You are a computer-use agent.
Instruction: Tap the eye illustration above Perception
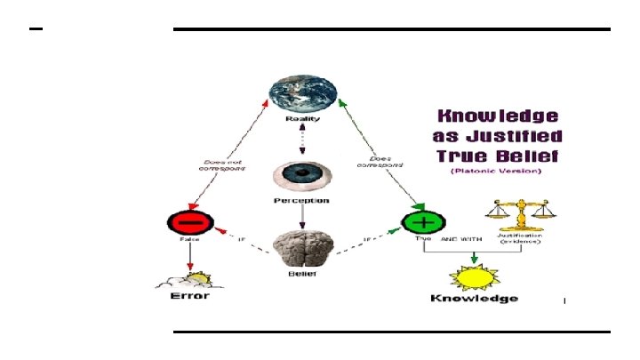(x=302, y=174)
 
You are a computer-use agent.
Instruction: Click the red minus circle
(x=187, y=221)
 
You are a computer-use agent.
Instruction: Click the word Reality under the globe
(x=303, y=117)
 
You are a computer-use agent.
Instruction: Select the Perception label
(x=302, y=201)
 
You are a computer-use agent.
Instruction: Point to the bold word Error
(x=189, y=296)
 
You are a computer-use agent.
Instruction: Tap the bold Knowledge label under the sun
(x=474, y=299)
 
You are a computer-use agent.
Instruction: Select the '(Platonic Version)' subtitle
(x=496, y=171)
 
